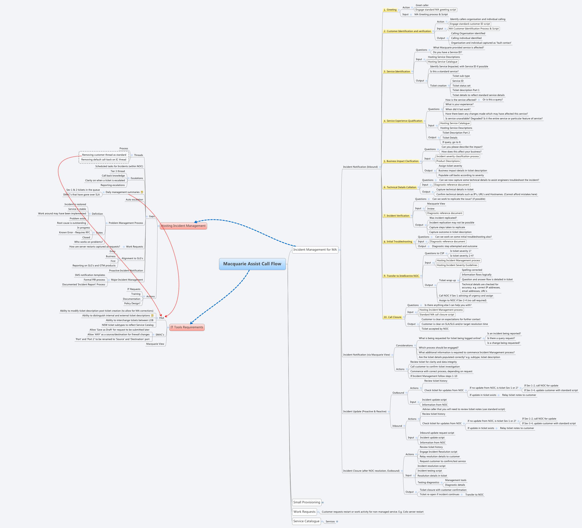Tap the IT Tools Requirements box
(187, 327)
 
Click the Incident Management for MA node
(315, 250)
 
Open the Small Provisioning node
(307, 502)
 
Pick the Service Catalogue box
(306, 521)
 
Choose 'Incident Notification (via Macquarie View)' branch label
(366, 355)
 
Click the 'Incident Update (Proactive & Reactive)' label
(365, 411)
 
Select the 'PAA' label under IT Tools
(162, 318)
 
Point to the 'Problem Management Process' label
(126, 223)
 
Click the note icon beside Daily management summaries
(142, 192)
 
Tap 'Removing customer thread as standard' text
(104, 155)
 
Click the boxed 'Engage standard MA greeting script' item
(436, 10)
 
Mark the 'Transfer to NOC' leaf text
(474, 495)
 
